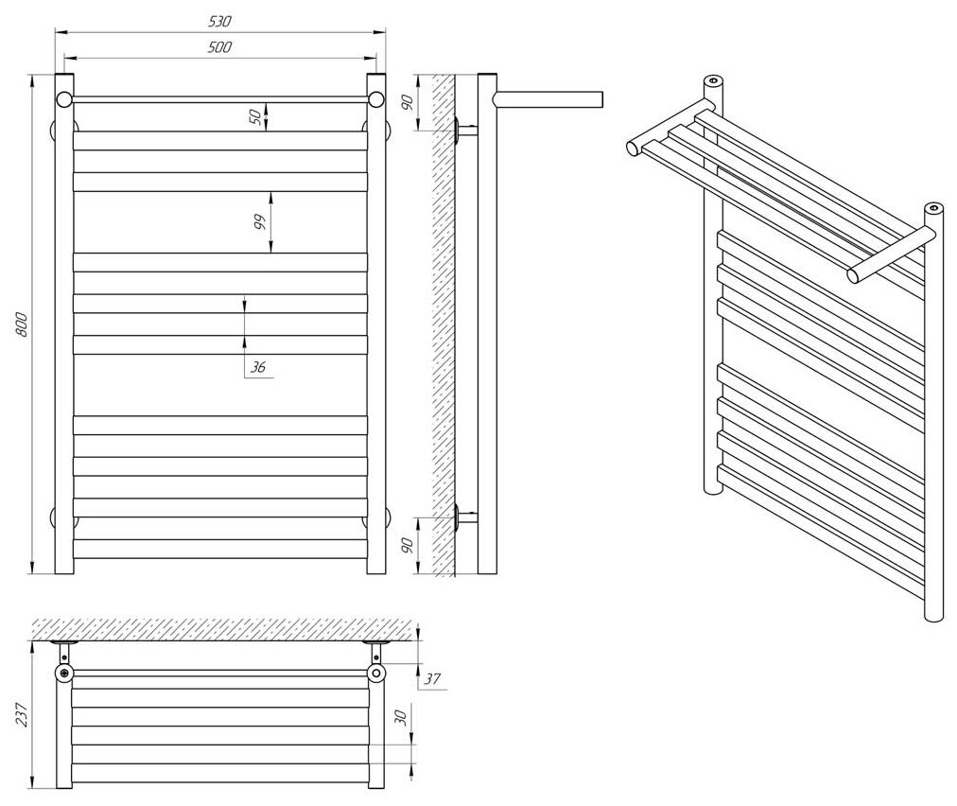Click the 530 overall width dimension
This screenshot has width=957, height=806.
(x=219, y=21)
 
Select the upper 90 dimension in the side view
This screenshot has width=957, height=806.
(x=408, y=101)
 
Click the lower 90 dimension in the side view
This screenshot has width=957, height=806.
(x=408, y=546)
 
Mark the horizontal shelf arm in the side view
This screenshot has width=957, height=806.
(x=548, y=99)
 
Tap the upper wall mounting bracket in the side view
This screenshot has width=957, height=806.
(x=464, y=131)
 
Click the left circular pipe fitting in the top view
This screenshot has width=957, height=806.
(x=63, y=674)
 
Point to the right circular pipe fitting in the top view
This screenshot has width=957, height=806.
(x=376, y=674)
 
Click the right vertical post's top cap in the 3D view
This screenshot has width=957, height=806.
(x=933, y=207)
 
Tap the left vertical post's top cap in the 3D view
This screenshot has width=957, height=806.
(x=714, y=80)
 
